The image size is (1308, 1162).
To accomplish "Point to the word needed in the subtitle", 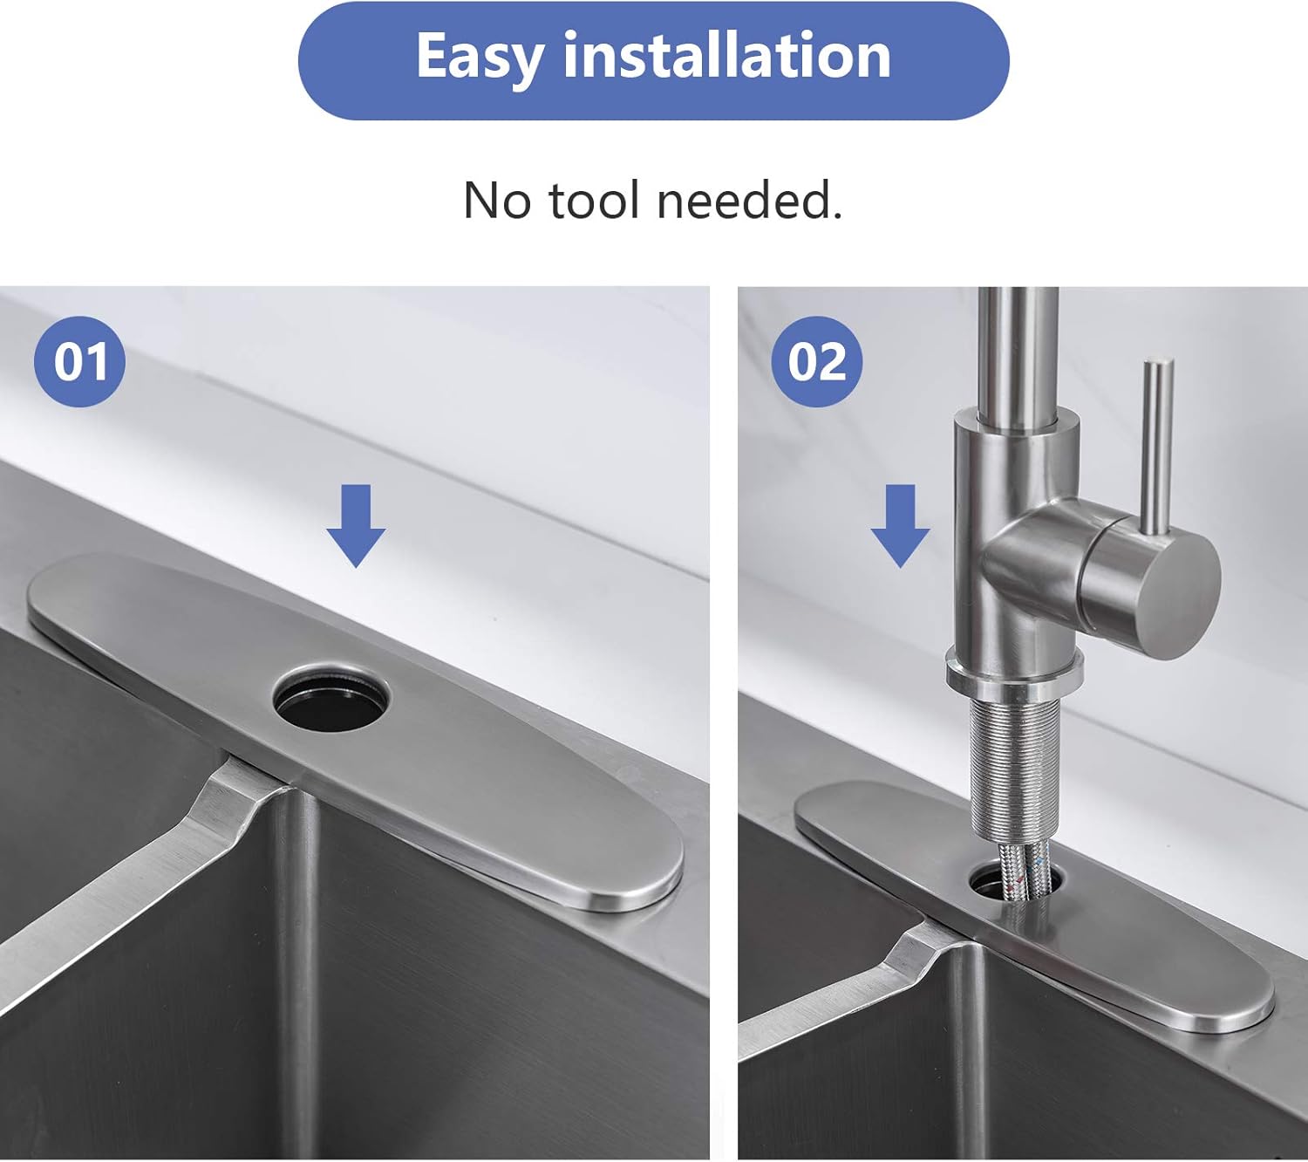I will click(749, 201).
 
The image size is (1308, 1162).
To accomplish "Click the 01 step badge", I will click(79, 361).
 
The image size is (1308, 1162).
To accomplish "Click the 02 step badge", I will click(816, 361).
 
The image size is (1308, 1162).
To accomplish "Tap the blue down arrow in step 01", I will click(356, 526).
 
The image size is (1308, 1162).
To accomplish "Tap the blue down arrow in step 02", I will click(900, 526).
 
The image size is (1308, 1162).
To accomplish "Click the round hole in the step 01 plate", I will click(330, 698).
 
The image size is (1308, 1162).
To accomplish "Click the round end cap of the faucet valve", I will click(1151, 583).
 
